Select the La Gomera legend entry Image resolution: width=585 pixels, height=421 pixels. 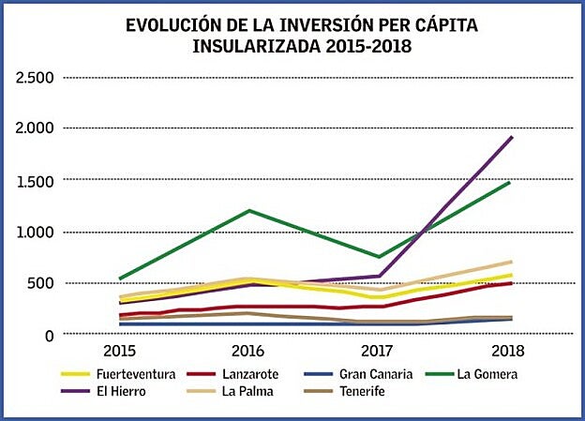pos(487,374)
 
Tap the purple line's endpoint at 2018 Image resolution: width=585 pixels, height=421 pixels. pos(511,137)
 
